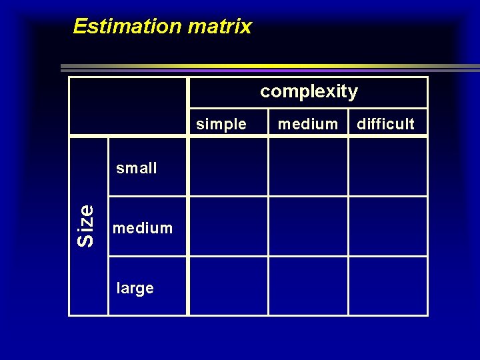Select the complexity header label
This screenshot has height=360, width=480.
tap(309, 91)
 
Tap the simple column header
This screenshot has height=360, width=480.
tap(221, 124)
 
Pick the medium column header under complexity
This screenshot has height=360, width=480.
tap(308, 124)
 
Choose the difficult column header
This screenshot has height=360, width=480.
tap(386, 124)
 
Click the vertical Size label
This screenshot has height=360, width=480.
tap(86, 226)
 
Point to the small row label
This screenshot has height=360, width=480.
tap(137, 168)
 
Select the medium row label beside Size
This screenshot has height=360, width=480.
tap(143, 228)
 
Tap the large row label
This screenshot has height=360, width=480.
tap(135, 288)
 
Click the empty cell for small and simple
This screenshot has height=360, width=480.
tap(229, 167)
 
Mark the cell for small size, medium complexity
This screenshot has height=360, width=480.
tap(308, 167)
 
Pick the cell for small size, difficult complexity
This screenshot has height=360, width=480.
tap(387, 167)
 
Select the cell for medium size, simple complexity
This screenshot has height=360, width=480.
tap(229, 227)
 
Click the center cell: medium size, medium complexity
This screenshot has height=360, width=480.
tap(308, 227)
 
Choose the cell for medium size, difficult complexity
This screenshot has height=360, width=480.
tap(387, 227)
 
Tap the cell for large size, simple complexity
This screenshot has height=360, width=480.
tap(229, 286)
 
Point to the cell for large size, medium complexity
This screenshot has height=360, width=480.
tap(308, 286)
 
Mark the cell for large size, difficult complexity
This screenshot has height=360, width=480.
tap(387, 286)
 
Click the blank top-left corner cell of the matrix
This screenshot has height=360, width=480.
tap(129, 107)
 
